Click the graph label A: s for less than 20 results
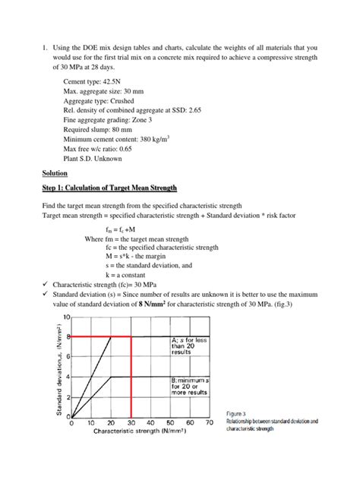[x=190, y=347]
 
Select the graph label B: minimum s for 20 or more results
[x=191, y=387]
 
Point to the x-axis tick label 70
[x=209, y=423]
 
